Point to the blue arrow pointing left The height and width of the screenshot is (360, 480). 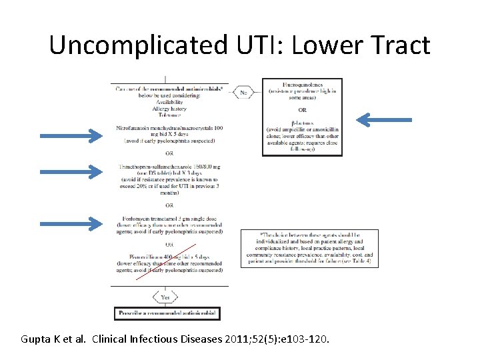tap(383, 120)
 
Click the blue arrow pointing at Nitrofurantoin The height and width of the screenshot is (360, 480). tap(71, 136)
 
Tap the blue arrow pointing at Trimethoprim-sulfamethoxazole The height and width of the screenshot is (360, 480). tap(71, 173)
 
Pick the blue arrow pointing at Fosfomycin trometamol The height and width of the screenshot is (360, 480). tap(71, 223)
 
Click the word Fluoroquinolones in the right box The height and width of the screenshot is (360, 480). tap(302, 85)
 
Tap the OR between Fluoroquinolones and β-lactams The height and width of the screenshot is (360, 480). tap(302, 110)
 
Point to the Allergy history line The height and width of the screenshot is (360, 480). tap(169, 108)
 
